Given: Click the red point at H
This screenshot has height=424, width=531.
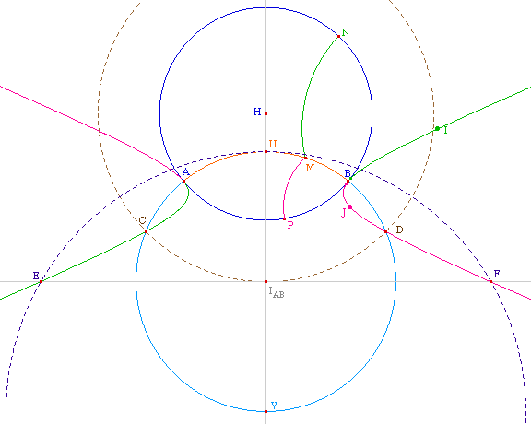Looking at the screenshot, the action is coord(265,113).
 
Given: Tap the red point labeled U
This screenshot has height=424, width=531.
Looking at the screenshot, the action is coord(265,151).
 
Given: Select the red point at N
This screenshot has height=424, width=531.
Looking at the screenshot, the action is coord(338,36).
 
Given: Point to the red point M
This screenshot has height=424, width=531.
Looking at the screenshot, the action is coord(305,158).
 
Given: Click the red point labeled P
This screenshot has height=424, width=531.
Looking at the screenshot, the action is coord(284,218).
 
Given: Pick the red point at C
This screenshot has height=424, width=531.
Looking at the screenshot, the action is coord(146,231).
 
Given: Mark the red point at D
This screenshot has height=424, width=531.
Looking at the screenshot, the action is coord(385,231).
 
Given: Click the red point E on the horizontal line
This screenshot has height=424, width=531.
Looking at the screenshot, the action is coord(41,281).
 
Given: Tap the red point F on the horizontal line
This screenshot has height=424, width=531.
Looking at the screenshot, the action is coord(490,281).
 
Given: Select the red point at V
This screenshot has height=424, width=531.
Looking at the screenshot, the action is coord(265,411).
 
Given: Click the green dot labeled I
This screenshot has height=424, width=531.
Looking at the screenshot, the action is coord(437,128).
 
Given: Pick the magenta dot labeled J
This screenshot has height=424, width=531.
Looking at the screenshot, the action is coord(349,206).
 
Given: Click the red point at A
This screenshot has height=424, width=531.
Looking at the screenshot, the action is coord(183,182).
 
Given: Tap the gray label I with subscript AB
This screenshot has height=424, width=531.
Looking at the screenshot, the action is coord(277,292).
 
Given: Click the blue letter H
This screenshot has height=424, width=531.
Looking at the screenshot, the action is coord(257,112).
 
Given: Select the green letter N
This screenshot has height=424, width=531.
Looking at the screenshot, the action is coord(346,32).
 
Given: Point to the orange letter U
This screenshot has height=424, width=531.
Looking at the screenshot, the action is coord(273,144).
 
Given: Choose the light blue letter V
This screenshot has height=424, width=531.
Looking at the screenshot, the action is coord(275,405).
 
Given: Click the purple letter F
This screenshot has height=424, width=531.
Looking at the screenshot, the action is coord(497,274).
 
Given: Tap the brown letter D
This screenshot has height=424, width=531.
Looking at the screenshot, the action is coord(399,230).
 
